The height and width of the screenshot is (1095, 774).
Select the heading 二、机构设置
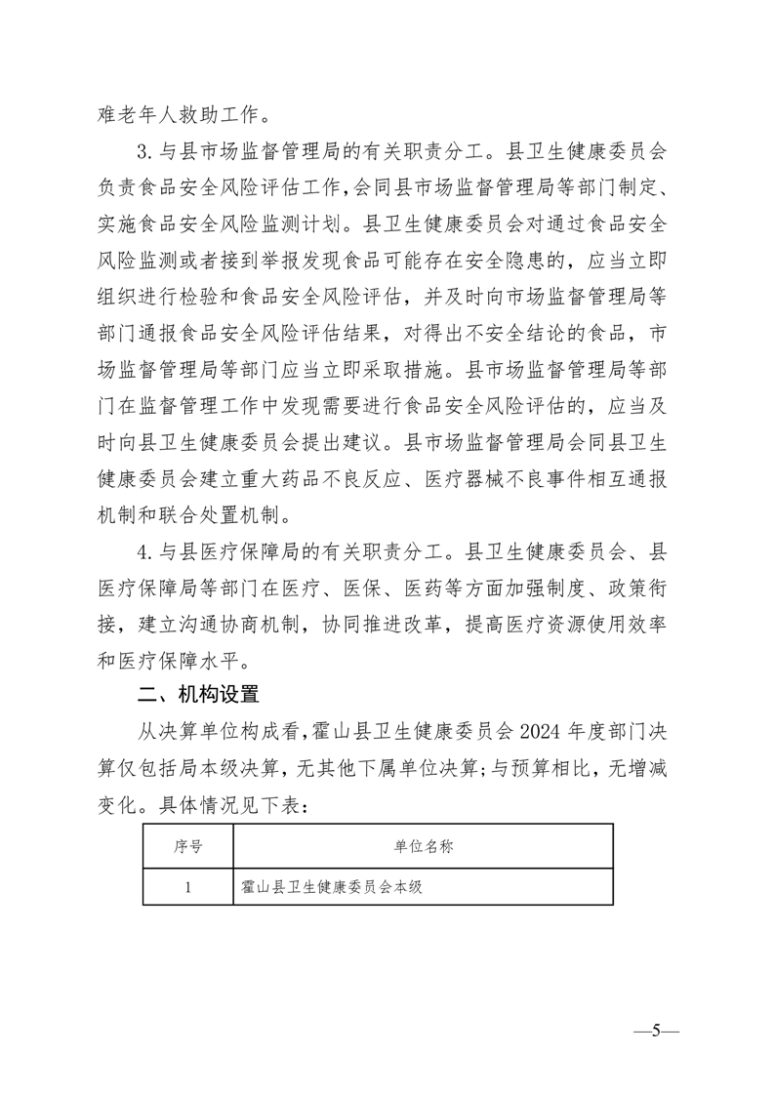[198, 695]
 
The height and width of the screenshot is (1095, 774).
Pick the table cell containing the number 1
[187, 887]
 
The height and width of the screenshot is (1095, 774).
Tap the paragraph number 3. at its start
[145, 153]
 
